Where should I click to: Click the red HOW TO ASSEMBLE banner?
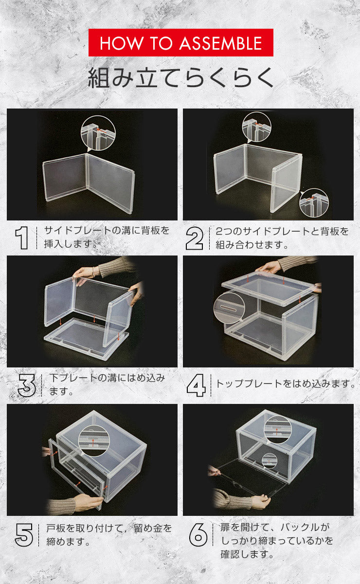180,43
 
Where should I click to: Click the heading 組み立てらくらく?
180,78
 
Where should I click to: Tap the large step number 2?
195,238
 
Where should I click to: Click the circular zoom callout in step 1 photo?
98,133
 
